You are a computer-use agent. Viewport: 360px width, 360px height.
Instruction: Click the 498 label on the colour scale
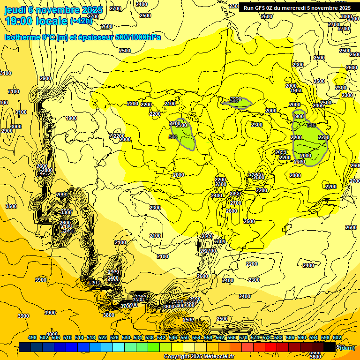[x=32, y=337]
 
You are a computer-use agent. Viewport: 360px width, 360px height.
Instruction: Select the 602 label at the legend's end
[x=337, y=337]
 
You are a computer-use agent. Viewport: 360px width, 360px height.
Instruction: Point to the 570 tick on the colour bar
[x=243, y=337]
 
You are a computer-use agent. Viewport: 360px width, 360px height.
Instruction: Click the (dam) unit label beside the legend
[x=346, y=347]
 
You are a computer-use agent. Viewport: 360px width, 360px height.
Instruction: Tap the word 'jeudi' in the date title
[x=15, y=10]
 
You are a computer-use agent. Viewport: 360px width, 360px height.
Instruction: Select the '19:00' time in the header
[x=19, y=21]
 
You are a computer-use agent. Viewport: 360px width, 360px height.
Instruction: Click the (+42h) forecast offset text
[x=81, y=21]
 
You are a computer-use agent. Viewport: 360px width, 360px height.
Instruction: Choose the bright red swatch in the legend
[x=270, y=347]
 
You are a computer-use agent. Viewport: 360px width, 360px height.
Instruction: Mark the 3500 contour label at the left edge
[x=11, y=206]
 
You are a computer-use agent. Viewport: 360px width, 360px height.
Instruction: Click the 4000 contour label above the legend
[x=52, y=334]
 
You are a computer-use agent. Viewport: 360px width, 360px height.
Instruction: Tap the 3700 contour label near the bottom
[x=126, y=306]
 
